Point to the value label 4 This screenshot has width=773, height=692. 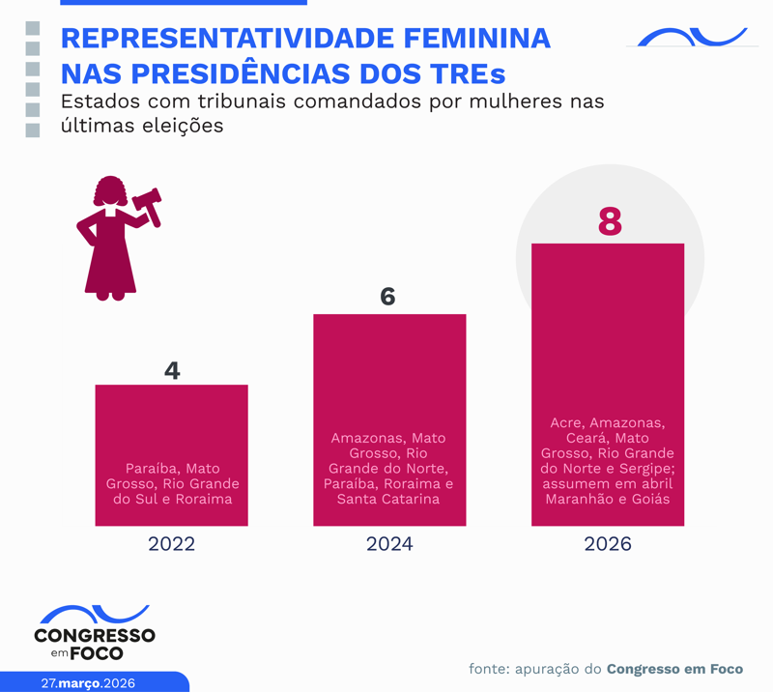click(172, 370)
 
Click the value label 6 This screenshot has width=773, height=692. click(388, 297)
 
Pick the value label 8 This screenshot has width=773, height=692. click(609, 222)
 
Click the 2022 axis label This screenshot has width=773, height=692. click(171, 544)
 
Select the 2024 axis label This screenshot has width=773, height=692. click(389, 544)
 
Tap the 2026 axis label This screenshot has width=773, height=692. click(608, 544)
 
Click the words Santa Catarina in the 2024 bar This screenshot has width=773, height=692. click(388, 500)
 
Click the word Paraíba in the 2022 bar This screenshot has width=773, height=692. click(151, 469)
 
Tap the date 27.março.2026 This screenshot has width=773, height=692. click(88, 682)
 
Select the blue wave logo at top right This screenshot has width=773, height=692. click(692, 38)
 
